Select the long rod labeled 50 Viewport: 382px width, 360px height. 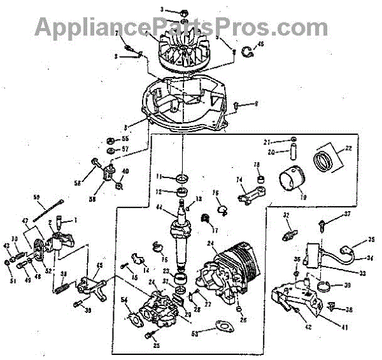point(51,209)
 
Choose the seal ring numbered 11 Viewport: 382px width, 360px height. point(183,176)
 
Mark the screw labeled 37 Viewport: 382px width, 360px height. point(326,223)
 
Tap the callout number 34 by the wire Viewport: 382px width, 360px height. point(352,258)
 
